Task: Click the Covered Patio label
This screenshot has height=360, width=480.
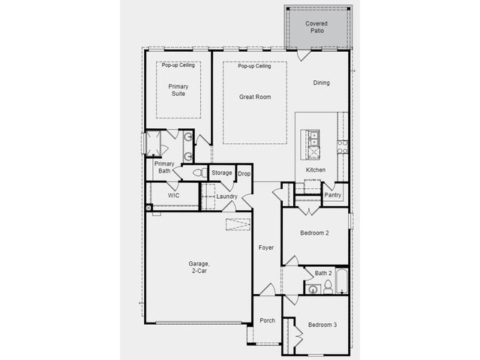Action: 316,27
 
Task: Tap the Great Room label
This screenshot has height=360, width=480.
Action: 255,97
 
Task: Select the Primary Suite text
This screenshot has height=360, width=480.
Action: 178,90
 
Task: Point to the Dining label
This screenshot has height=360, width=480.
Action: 321,82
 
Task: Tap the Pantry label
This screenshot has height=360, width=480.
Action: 332,195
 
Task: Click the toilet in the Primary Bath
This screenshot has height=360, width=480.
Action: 200,172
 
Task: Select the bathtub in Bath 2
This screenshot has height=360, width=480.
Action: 342,281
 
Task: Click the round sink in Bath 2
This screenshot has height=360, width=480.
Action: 313,289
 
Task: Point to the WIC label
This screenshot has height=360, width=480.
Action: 173,195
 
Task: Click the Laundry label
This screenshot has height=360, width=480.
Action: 226,196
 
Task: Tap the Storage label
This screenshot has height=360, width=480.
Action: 222,172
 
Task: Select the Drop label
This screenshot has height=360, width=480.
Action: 244,173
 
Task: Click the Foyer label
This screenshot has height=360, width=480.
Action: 266,247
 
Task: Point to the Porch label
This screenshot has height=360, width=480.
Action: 267,320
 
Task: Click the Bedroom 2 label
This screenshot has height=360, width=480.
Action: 314,233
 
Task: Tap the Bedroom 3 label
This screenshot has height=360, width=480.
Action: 322,325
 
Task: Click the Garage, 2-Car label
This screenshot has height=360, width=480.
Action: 199,267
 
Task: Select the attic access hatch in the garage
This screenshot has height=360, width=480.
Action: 238,224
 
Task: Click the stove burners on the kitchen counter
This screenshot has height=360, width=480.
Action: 342,147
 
